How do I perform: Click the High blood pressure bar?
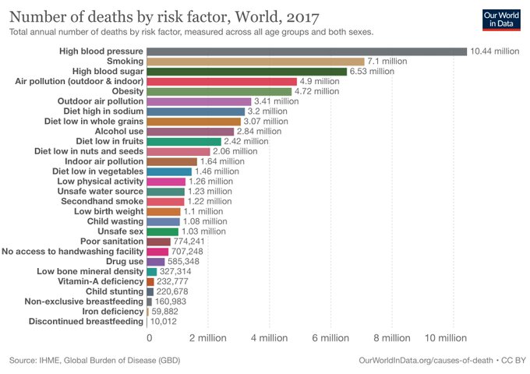coord(306,51)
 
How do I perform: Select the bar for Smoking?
coord(256,62)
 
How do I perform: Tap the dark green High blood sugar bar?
coord(246,72)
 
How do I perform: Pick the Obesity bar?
coord(219,91)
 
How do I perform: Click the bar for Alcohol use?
coord(190,132)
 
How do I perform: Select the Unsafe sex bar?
coord(162,231)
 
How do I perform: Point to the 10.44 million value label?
coord(494,51)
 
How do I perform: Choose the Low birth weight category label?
coord(108,211)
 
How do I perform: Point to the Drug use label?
coord(121,261)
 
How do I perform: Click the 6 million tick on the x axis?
coord(330,339)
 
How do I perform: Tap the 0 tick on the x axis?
coord(149,339)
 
